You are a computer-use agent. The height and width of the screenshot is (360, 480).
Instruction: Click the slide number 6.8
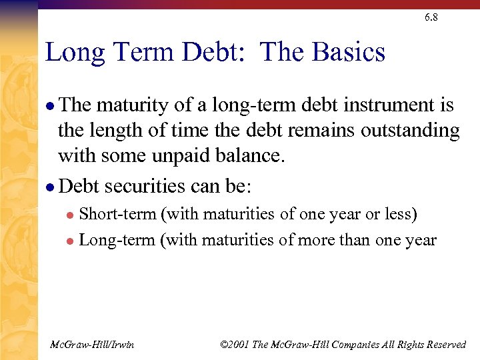431,18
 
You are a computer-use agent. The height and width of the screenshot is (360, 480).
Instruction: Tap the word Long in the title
71,52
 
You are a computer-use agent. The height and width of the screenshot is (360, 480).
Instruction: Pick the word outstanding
411,131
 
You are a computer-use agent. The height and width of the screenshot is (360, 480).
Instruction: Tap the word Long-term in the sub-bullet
117,240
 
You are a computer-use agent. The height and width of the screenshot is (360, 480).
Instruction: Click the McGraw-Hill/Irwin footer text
92,344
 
